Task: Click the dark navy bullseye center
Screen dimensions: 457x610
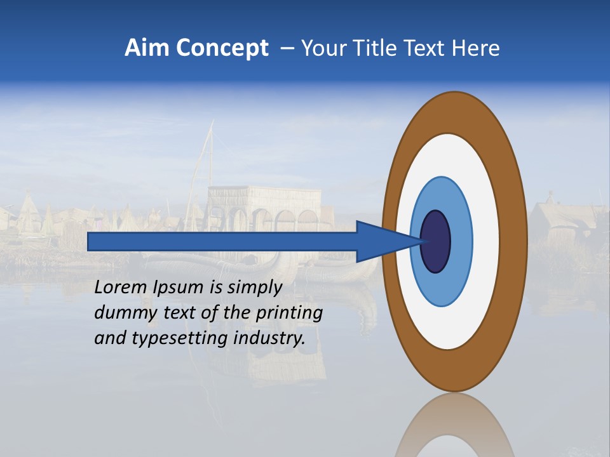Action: [x=436, y=241]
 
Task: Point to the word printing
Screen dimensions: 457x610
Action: [x=288, y=314]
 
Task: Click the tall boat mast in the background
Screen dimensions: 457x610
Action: [x=206, y=159]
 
